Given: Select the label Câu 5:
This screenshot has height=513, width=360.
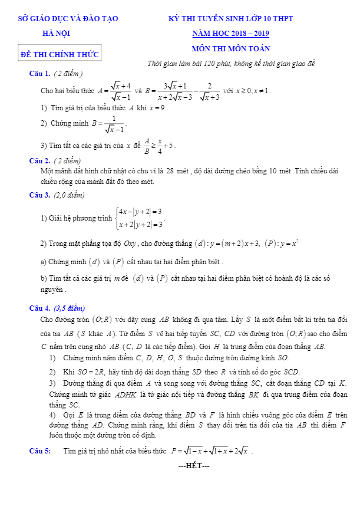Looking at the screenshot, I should pos(41,451).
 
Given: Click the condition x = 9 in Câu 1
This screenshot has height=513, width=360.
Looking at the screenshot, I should pos(158,108).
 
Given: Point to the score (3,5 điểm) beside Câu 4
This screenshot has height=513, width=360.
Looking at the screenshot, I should pos(69,308).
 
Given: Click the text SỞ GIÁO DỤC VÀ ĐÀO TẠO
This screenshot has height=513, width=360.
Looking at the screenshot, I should pos(68,19).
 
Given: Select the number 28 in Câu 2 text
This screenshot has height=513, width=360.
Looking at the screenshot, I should pos(174,171).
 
